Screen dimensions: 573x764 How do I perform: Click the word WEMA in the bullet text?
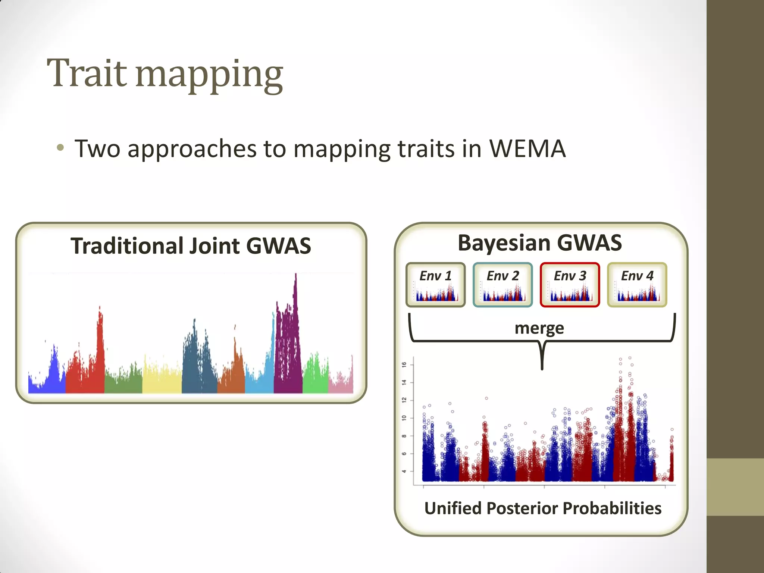(x=527, y=149)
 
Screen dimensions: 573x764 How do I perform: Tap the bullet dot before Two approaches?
(x=60, y=148)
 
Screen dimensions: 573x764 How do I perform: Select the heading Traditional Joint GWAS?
(x=191, y=246)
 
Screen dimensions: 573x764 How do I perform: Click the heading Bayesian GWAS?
(x=539, y=243)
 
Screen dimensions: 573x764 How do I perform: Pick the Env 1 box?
(x=435, y=285)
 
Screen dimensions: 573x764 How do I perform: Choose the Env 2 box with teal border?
(x=502, y=285)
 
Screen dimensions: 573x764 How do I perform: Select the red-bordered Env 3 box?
(x=570, y=285)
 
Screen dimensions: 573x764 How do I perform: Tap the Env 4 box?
(x=637, y=285)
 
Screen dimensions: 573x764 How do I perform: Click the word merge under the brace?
(x=539, y=328)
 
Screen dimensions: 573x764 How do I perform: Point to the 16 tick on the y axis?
(x=404, y=364)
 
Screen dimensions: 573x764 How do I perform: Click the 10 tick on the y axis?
(x=404, y=418)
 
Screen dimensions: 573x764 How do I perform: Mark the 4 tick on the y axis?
(x=404, y=471)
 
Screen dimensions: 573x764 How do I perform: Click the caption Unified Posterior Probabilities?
(x=543, y=508)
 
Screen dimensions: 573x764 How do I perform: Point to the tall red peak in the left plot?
(x=100, y=328)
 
